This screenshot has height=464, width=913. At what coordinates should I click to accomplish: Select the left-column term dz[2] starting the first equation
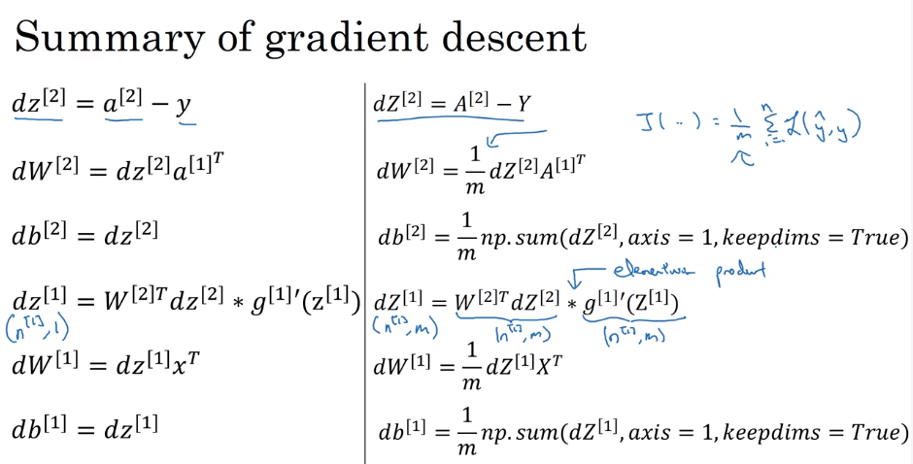38,103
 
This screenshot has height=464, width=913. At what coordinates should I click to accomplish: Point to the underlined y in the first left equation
184,104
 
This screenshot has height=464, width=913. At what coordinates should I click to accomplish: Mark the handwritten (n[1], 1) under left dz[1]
37,329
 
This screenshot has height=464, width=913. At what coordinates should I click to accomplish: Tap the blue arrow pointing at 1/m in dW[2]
509,137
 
